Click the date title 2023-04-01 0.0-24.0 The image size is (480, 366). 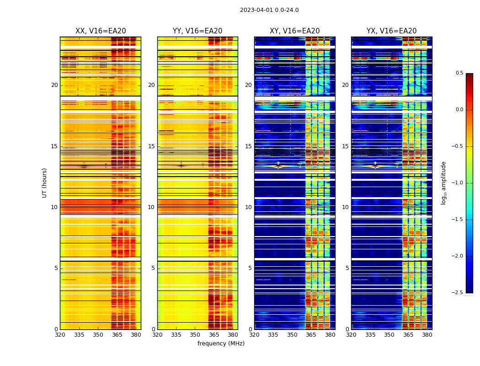pos(269,10)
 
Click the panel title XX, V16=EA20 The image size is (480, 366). pos(101,31)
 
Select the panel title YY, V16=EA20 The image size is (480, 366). pos(197,31)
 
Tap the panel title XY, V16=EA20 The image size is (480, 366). pos(294,31)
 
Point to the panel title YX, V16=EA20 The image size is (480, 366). pos(391,31)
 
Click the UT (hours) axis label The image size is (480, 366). pos(45,183)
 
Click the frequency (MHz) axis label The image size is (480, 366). pos(221,344)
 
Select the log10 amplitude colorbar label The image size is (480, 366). pos(443,183)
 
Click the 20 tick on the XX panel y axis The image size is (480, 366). pos(55,85)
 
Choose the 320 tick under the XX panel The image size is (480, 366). pos(60,335)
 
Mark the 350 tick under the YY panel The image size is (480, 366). pos(195,335)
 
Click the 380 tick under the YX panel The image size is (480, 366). pos(427,335)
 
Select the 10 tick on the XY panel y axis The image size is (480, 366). pos(249,207)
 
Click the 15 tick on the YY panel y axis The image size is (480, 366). pos(152,146)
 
